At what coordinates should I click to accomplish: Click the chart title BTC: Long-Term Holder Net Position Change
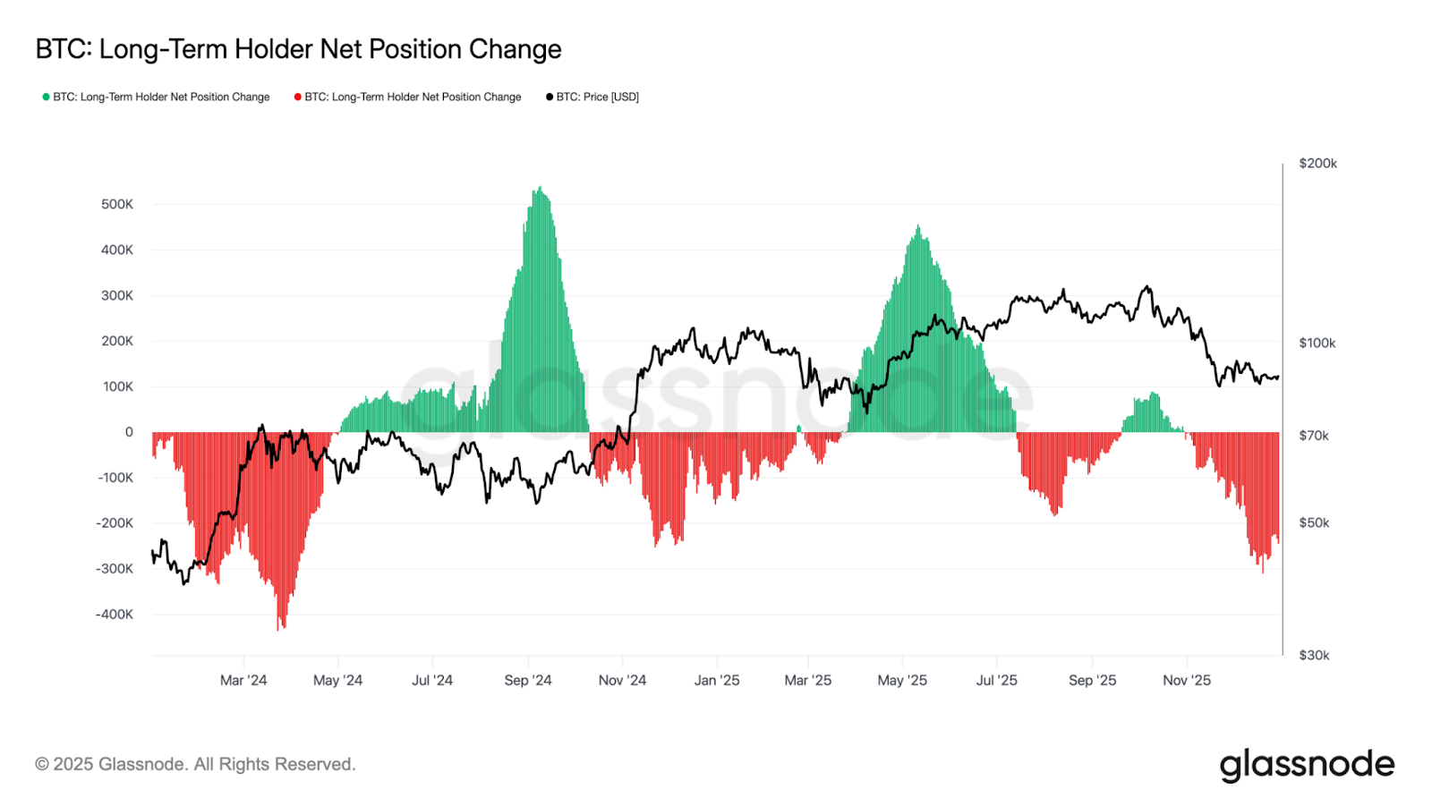(x=298, y=49)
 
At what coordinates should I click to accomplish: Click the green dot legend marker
(x=46, y=97)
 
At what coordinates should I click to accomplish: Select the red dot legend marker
(x=297, y=97)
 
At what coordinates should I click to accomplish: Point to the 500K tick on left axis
(x=117, y=204)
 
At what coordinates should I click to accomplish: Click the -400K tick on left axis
(x=115, y=615)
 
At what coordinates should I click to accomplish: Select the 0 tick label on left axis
(x=129, y=432)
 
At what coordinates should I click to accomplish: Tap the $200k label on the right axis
(x=1317, y=164)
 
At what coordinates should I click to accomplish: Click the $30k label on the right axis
(x=1314, y=656)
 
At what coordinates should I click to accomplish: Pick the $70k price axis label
(x=1314, y=436)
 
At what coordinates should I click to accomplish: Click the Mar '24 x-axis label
(x=243, y=681)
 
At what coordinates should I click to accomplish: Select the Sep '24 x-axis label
(x=528, y=681)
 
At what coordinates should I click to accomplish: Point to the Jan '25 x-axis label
(x=717, y=681)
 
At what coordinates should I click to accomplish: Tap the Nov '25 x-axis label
(x=1187, y=681)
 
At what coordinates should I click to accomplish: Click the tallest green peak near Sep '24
(x=539, y=190)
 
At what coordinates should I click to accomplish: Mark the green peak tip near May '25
(x=918, y=228)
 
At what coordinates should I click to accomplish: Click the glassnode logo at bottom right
(x=1307, y=765)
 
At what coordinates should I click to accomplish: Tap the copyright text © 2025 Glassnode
(x=195, y=765)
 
